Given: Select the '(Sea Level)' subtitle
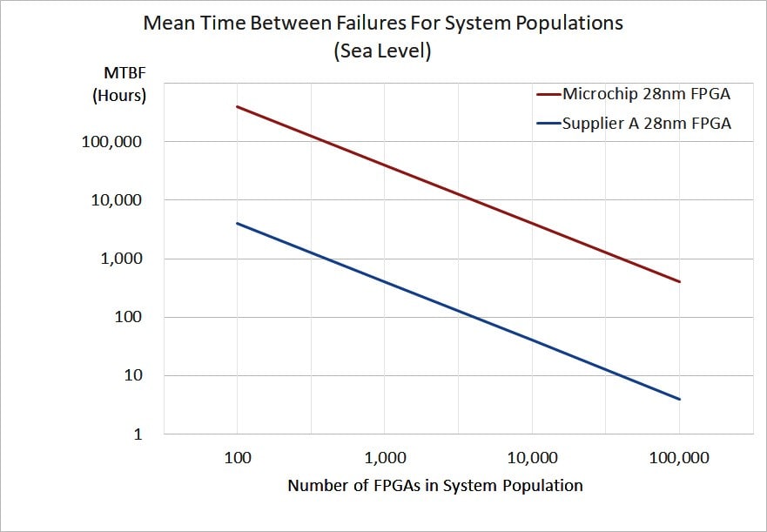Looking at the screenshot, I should point(383,51).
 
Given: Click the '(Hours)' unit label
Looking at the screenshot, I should point(120,96).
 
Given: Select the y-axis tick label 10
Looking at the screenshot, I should point(133,376).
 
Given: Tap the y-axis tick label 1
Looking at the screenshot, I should point(138,434).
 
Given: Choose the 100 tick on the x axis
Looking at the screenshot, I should point(237,458).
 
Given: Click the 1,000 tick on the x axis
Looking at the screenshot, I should point(384,458).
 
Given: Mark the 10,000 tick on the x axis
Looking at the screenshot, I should point(531,458).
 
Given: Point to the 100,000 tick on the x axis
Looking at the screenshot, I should point(678,458).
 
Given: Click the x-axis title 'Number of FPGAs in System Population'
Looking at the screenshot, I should point(435,486).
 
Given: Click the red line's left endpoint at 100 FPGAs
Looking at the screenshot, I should point(237,107).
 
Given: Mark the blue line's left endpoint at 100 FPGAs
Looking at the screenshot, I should point(237,224).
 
